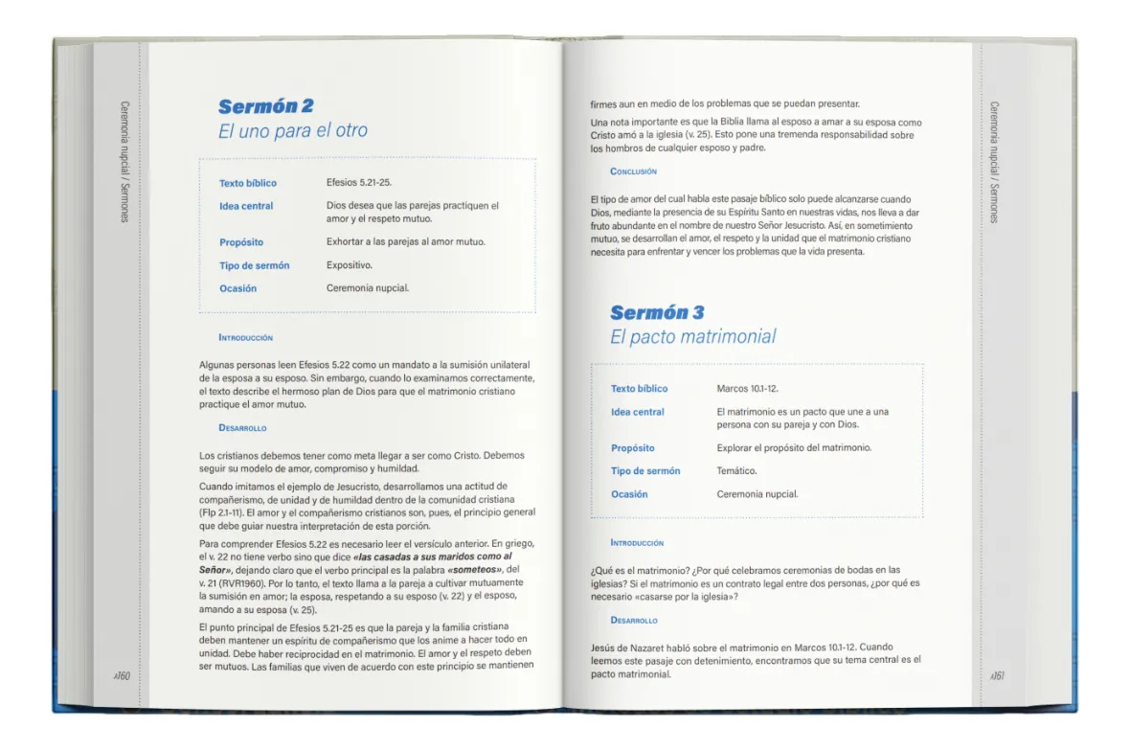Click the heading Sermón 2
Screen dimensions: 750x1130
pyautogui.click(x=265, y=106)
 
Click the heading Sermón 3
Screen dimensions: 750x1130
pyautogui.click(x=657, y=312)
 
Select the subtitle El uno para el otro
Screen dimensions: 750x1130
pyautogui.click(x=292, y=131)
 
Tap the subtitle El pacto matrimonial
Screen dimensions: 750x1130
pyautogui.click(x=692, y=336)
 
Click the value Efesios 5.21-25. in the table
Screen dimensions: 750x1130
pyautogui.click(x=359, y=183)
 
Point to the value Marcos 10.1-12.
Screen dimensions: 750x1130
pyautogui.click(x=747, y=389)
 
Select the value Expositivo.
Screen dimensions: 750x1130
pyautogui.click(x=350, y=265)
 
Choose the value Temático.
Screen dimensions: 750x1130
pyautogui.click(x=736, y=471)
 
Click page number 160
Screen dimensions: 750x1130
pyautogui.click(x=122, y=676)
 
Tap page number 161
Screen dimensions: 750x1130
pyautogui.click(x=997, y=676)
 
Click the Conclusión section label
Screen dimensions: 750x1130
pyautogui.click(x=633, y=171)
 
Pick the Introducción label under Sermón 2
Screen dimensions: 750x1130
pyautogui.click(x=245, y=337)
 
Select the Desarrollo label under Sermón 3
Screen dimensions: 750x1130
pyautogui.click(x=634, y=621)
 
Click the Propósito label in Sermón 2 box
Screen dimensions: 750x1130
pyautogui.click(x=241, y=242)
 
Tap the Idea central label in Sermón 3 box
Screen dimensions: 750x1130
pyautogui.click(x=637, y=412)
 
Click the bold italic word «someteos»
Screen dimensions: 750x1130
pyautogui.click(x=475, y=568)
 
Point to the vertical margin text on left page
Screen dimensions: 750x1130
pyautogui.click(x=124, y=162)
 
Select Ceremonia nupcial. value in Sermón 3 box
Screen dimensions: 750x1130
pyautogui.click(x=757, y=494)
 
